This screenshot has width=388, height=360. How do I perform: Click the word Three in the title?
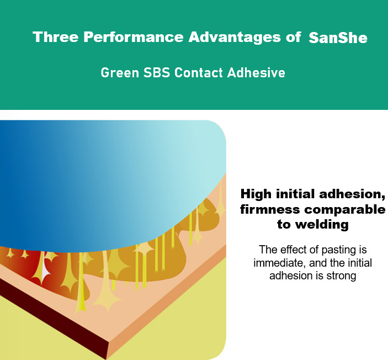(x=55, y=37)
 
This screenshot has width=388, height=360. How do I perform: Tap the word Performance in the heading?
(x=134, y=37)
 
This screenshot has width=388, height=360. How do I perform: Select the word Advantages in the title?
(x=235, y=38)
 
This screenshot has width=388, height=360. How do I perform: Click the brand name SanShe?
(x=338, y=38)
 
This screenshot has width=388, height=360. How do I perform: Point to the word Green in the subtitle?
(x=120, y=73)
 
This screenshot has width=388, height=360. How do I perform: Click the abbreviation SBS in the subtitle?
(x=157, y=73)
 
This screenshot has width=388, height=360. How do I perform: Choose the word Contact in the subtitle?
(x=199, y=73)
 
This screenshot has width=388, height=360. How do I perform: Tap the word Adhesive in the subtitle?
(x=256, y=73)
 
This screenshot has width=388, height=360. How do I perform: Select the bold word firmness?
(x=270, y=209)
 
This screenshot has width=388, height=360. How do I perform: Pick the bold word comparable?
(x=345, y=210)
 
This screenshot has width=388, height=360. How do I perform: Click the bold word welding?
(x=322, y=225)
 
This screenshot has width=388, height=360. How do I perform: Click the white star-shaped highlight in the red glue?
(x=45, y=271)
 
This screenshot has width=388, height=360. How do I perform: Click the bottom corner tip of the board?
(x=106, y=359)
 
